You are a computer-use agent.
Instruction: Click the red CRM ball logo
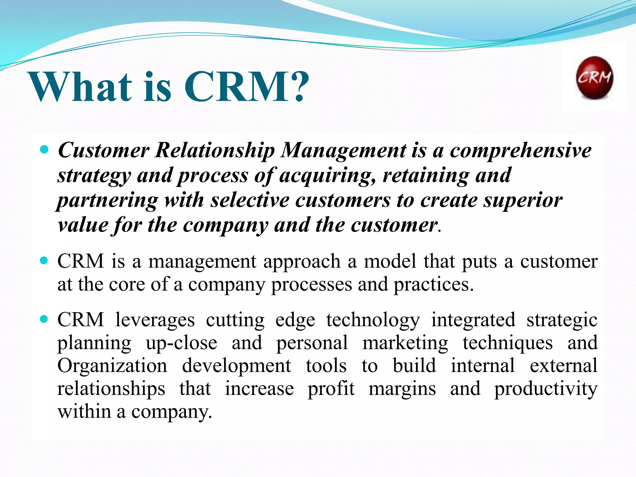coord(594,78)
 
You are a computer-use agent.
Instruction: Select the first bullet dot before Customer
coord(45,150)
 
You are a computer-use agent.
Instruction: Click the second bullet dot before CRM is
coord(45,261)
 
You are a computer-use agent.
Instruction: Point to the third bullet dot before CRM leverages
coord(45,319)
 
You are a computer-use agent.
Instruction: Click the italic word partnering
coord(107,201)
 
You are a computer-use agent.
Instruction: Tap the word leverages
coord(155,320)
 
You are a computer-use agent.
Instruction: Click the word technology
coord(373,320)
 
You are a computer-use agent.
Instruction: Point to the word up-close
coord(181,343)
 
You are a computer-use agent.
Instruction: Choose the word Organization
coord(112,366)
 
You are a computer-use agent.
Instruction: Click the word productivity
coord(546,389)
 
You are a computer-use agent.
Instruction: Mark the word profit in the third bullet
coord(331,388)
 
